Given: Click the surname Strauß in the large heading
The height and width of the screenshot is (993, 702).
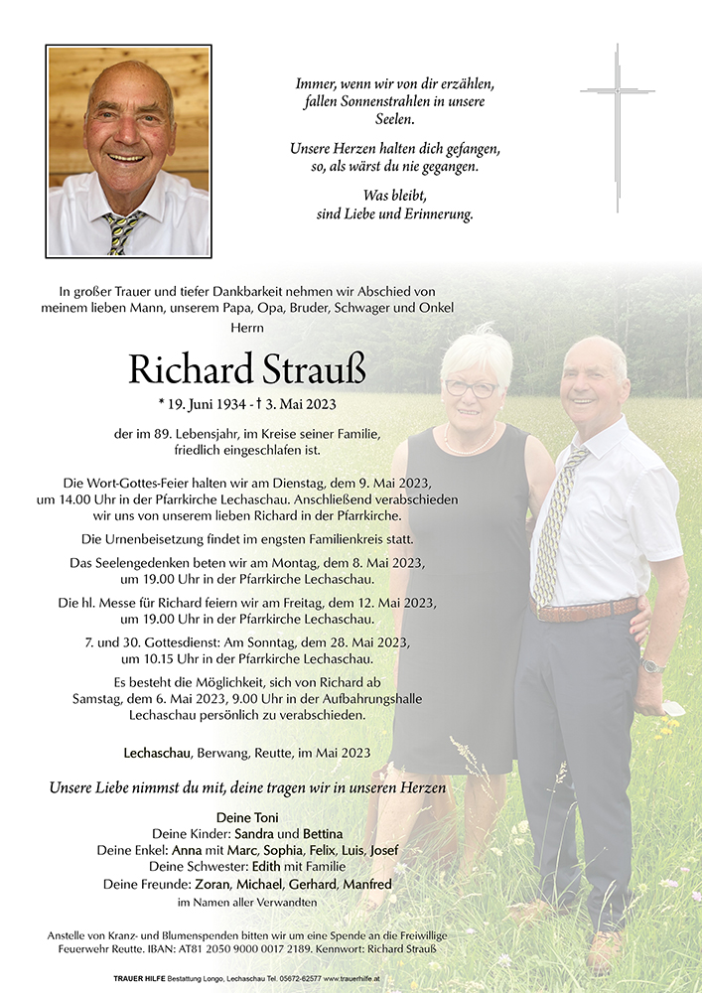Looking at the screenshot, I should (x=315, y=368).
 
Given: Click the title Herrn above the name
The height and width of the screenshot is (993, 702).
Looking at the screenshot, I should (x=247, y=327).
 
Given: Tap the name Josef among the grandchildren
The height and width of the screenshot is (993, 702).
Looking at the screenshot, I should (x=386, y=850).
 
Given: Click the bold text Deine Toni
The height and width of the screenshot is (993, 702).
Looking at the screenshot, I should (x=247, y=816).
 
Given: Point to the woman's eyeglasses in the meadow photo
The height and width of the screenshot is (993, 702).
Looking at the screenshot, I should (x=471, y=388).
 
